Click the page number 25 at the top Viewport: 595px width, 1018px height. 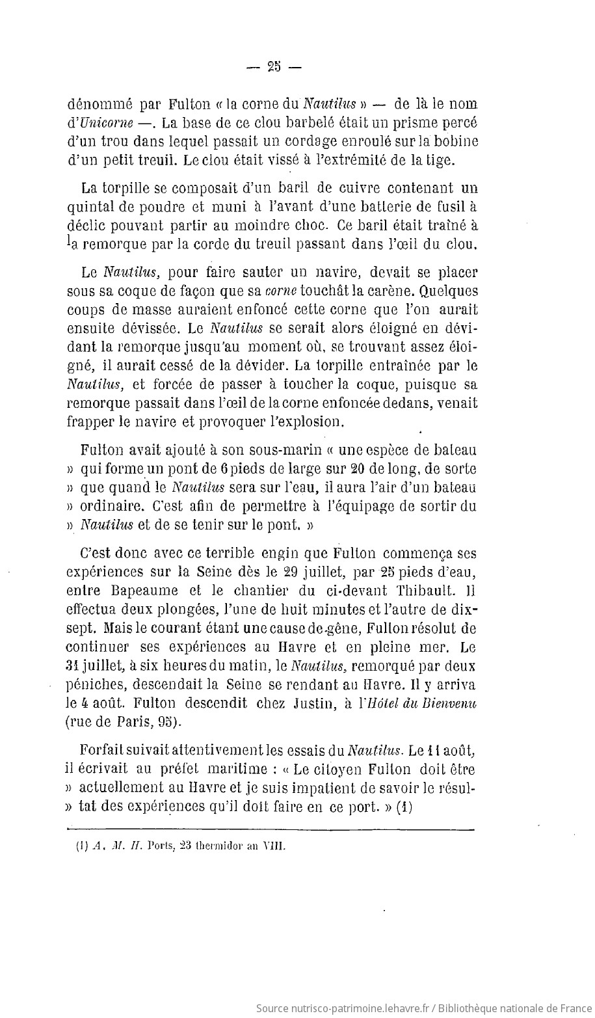pyautogui.click(x=272, y=66)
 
